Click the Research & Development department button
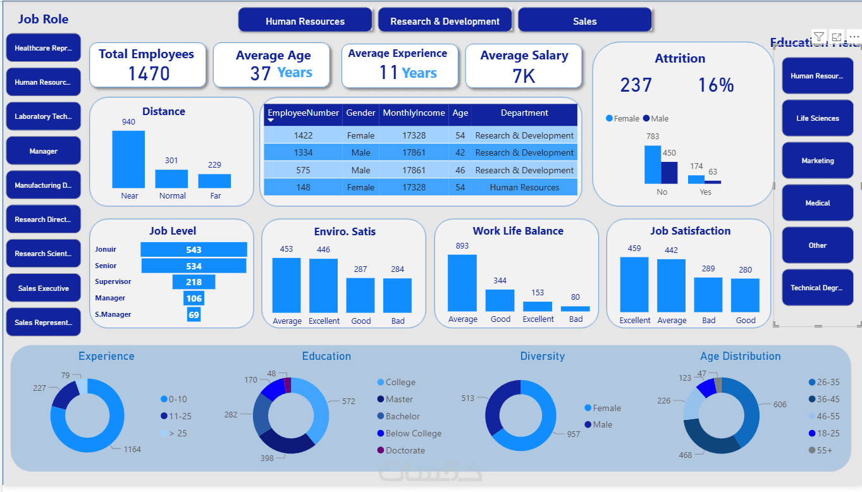pos(445,21)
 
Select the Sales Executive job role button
pos(43,288)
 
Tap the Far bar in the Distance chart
pos(214,181)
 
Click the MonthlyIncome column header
pos(414,113)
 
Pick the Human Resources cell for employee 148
pos(524,187)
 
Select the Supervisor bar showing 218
pos(194,282)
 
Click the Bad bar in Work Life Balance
pos(575,309)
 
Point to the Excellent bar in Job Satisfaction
pos(634,285)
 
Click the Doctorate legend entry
pos(405,451)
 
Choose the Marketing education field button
pos(817,161)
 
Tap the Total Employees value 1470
pos(149,74)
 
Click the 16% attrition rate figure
pos(715,85)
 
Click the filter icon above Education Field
pos(818,37)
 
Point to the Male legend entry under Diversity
pos(602,425)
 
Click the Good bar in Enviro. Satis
pos(360,295)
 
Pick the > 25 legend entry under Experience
pos(177,434)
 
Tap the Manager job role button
pos(43,151)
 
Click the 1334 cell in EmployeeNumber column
pos(304,153)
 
